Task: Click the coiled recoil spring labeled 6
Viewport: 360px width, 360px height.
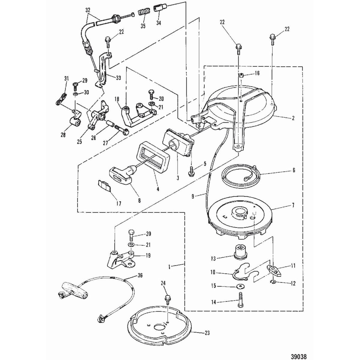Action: tap(238, 175)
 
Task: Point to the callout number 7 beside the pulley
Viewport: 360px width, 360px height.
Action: tap(293, 205)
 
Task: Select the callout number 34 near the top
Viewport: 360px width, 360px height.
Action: tap(158, 23)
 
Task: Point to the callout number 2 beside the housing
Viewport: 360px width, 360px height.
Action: tap(293, 118)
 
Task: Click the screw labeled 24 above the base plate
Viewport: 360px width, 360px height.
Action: tap(167, 299)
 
